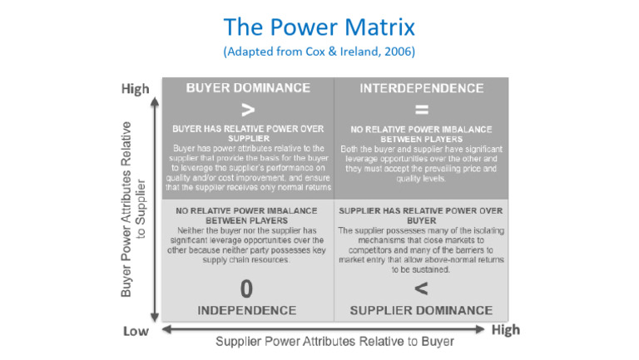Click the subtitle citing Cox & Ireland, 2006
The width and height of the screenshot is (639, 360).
coord(319,52)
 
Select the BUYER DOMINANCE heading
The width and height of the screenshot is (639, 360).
coord(247,87)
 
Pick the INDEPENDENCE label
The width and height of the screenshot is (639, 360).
coord(247,310)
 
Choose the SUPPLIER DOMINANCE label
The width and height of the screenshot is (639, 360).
coord(419,310)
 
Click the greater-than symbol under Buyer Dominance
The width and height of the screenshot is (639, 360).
coord(247,109)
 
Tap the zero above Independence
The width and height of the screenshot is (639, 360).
coord(247,288)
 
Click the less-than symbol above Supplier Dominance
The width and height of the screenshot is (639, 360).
coord(420,288)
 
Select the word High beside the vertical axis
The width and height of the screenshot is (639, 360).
coord(135,87)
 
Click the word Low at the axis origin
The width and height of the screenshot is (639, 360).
coord(136,332)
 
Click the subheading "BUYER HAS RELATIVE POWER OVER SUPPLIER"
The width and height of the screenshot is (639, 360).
coord(247,135)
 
